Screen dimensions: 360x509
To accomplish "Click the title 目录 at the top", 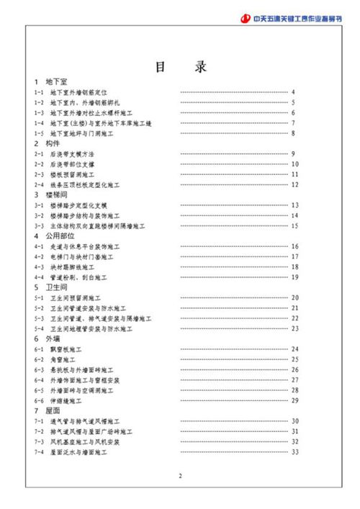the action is tap(181, 68).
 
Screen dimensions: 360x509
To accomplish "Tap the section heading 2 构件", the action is tap(47, 144).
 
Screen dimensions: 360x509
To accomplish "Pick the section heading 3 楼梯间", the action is tap(50, 195).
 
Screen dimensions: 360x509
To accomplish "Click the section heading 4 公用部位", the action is tap(53, 236).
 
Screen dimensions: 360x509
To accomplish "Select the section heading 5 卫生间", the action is tap(50, 287).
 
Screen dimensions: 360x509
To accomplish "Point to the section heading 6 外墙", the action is tap(47, 338).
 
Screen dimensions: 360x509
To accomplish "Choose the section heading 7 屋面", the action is tap(47, 410).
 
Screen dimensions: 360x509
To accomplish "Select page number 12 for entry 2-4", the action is tap(294, 185).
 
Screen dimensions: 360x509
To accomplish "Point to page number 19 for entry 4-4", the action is tap(294, 277).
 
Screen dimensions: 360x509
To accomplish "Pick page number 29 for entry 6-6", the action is tap(294, 400).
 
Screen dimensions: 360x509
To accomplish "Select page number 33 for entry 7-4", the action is tap(294, 451).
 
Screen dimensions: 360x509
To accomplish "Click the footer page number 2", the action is tap(181, 476).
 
